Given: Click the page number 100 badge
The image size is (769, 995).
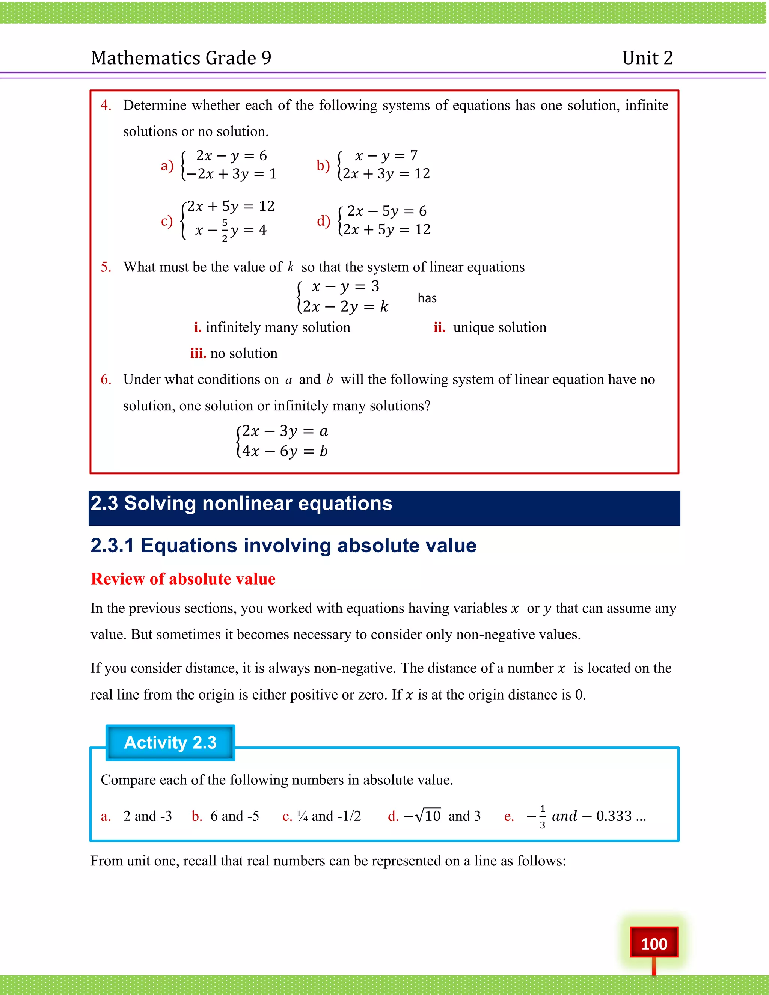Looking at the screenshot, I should [x=654, y=943].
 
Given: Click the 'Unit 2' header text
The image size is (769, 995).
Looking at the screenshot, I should [x=647, y=58].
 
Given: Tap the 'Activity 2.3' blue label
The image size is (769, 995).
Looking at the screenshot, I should [x=170, y=743].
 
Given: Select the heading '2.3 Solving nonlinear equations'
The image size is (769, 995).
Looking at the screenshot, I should [x=241, y=504].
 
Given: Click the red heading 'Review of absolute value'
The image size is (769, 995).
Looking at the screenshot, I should [x=183, y=579].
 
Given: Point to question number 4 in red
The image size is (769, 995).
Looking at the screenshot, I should [x=106, y=105].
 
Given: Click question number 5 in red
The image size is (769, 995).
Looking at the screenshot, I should [x=106, y=267].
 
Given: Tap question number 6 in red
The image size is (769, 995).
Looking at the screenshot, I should [x=106, y=380].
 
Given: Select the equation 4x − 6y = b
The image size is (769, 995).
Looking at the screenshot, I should [x=285, y=451].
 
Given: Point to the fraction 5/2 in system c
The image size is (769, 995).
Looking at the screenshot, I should [x=225, y=231].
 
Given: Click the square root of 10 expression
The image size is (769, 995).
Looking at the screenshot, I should [x=427, y=816].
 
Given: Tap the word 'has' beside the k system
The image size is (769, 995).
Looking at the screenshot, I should [x=427, y=298].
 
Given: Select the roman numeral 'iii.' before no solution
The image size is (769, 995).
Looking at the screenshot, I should [x=198, y=354].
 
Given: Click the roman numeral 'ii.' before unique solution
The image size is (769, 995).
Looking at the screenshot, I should [x=439, y=327].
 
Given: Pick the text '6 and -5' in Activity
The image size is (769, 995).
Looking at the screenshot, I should [x=235, y=816].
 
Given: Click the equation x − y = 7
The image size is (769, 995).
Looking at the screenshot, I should [x=386, y=156].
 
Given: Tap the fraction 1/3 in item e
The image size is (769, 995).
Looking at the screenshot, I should [x=542, y=816].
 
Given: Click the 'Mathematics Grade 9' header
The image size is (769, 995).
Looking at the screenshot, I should [x=181, y=58].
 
